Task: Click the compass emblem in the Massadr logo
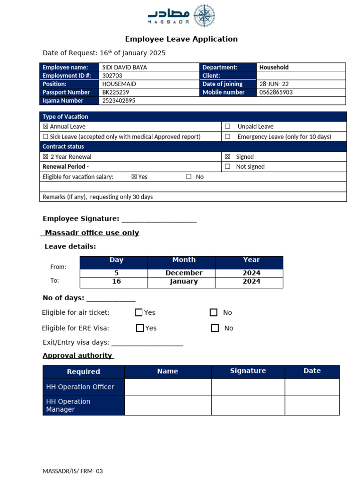[x=205, y=16]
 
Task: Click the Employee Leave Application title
[x=181, y=39]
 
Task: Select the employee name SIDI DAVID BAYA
[x=124, y=67]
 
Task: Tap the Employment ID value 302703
[x=112, y=76]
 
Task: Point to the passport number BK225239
[x=115, y=92]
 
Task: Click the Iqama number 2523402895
[x=119, y=101]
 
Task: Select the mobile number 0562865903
[x=276, y=92]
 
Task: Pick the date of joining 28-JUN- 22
[x=275, y=84]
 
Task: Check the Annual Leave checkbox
[x=45, y=127]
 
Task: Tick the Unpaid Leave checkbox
[x=227, y=127]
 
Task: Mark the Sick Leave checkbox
[x=45, y=137]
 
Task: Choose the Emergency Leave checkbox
[x=227, y=137]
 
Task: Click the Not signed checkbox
[x=227, y=166]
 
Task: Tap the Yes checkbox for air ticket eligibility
[x=138, y=312]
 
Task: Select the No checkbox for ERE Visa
[x=215, y=328]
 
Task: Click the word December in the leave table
[x=184, y=273]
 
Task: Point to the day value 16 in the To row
[x=116, y=281]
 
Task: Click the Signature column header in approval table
[x=248, y=371]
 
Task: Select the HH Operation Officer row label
[x=80, y=387]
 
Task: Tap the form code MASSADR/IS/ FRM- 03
[x=73, y=471]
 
